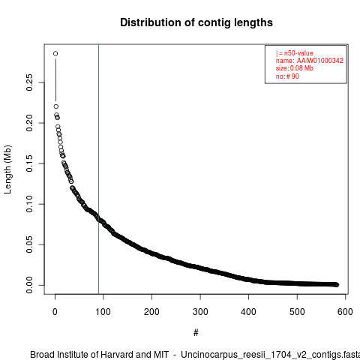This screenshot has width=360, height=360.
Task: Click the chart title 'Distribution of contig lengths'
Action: pyautogui.click(x=196, y=22)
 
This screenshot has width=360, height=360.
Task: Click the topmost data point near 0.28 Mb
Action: pyautogui.click(x=55, y=53)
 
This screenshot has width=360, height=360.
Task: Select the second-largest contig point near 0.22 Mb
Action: pyautogui.click(x=56, y=106)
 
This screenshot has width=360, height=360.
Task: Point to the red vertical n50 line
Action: pyautogui.click(x=99, y=169)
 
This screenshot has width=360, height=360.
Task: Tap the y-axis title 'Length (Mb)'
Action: pyautogui.click(x=8, y=169)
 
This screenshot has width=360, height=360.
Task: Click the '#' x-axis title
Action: pyautogui.click(x=196, y=333)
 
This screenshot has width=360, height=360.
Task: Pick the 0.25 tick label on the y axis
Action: pyautogui.click(x=29, y=82)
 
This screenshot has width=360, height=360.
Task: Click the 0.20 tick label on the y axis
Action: pyautogui.click(x=29, y=123)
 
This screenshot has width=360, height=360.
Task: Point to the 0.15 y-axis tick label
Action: pyautogui.click(x=29, y=163)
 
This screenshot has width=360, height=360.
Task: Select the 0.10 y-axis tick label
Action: pyautogui.click(x=29, y=204)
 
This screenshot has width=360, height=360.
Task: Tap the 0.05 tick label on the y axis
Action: pyautogui.click(x=29, y=244)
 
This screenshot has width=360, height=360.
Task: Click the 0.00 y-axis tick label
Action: pyautogui.click(x=29, y=285)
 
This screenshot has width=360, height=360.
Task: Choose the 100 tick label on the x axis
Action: pyautogui.click(x=103, y=312)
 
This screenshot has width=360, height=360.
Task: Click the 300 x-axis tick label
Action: pyautogui.click(x=200, y=312)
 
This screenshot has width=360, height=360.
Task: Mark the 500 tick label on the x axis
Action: pyautogui.click(x=297, y=312)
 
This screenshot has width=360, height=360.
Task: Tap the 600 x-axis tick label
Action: pyautogui.click(x=345, y=312)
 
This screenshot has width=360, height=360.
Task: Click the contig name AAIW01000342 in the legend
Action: pyautogui.click(x=320, y=61)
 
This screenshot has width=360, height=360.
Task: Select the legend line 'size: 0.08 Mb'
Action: pyautogui.click(x=295, y=68)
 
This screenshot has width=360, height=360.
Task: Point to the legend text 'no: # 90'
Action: pyautogui.click(x=287, y=76)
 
